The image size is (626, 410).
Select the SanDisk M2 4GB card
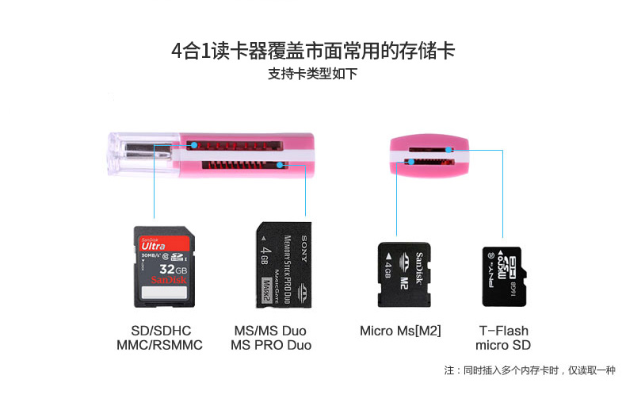pyautogui.click(x=405, y=274)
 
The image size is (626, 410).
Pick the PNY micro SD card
pyautogui.click(x=504, y=275)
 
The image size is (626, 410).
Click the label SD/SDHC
pyautogui.click(x=161, y=331)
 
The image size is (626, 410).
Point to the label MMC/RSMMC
pyautogui.click(x=160, y=346)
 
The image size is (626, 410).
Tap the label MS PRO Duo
pyautogui.click(x=271, y=346)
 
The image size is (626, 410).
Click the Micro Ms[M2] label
pyautogui.click(x=400, y=331)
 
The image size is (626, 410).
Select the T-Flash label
pyautogui.click(x=503, y=331)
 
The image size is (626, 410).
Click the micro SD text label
pyautogui.click(x=503, y=346)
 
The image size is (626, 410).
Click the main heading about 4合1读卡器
pyautogui.click(x=313, y=52)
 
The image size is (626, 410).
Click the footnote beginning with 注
pyautogui.click(x=529, y=370)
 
